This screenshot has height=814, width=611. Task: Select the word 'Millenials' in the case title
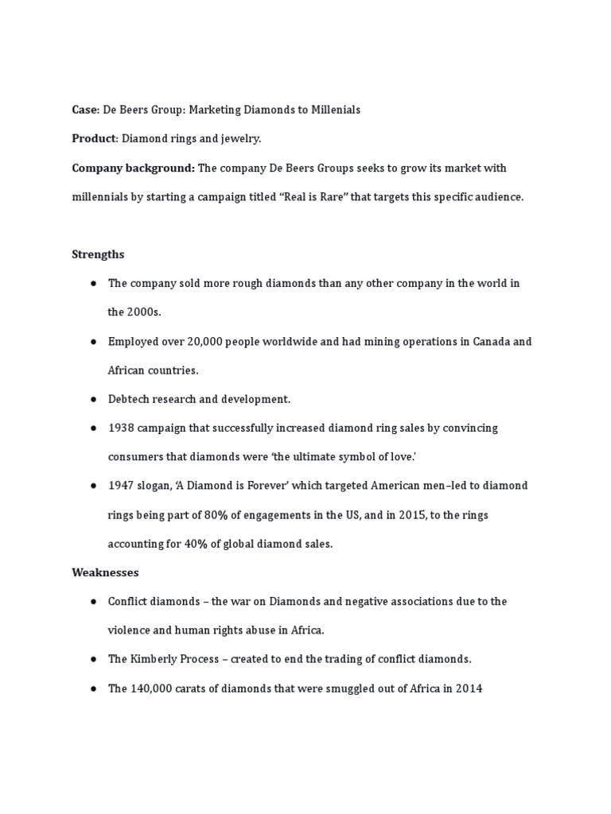point(334,110)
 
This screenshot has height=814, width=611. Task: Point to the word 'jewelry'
point(240,139)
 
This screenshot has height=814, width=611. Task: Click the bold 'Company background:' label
point(133,169)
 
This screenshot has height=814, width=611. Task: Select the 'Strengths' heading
point(98,254)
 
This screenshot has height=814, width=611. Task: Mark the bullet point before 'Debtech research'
point(93,399)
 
